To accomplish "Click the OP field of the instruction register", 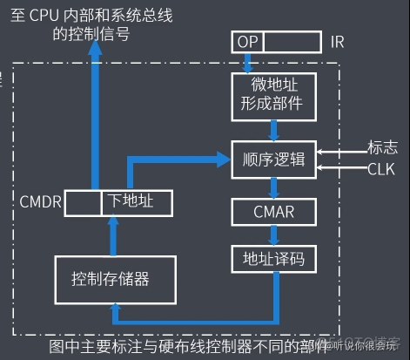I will click(x=247, y=42).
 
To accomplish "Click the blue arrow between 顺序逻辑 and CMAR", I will click(x=273, y=187).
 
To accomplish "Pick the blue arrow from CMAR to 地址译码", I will click(x=273, y=235).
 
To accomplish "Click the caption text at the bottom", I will click(x=192, y=346).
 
